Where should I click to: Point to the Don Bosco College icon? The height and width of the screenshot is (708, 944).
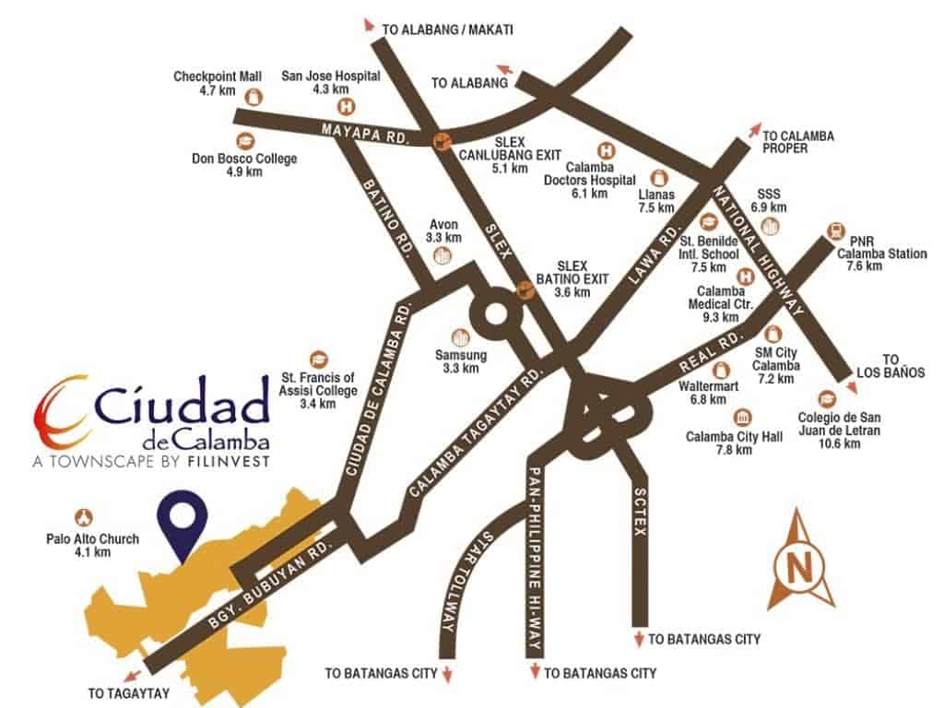click(245, 140)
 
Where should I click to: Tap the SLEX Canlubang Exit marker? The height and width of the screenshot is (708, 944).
click(442, 140)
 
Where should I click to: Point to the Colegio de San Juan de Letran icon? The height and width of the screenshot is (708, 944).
click(826, 398)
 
